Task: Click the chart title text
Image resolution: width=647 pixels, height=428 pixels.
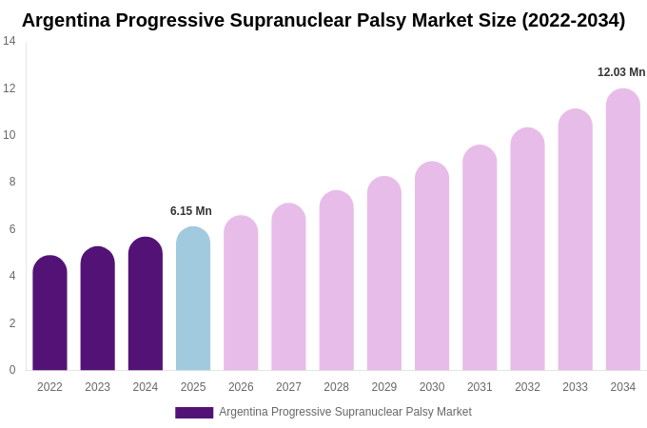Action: [323, 20]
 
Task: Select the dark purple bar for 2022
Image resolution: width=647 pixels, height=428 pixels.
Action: [49, 314]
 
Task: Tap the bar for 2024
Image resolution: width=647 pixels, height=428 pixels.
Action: [146, 304]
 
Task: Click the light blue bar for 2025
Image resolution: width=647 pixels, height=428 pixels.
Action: [193, 300]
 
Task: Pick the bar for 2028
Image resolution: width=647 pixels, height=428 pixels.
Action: [336, 281]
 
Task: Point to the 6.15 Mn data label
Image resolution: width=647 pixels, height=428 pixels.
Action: [191, 211]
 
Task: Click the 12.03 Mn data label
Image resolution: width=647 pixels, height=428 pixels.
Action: [621, 72]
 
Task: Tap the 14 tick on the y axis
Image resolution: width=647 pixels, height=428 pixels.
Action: [10, 41]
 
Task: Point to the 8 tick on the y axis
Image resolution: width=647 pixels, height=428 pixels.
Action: [12, 182]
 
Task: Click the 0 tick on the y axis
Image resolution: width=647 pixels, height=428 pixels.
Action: [12, 370]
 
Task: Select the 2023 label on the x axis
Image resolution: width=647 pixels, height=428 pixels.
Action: [97, 387]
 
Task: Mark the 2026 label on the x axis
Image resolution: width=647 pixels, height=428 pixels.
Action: [241, 387]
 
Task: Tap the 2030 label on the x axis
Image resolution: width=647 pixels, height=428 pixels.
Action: [432, 387]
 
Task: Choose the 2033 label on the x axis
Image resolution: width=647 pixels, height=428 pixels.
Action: [575, 387]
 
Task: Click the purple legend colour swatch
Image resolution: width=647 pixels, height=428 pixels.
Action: [194, 412]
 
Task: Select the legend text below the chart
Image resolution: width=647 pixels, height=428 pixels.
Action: [345, 412]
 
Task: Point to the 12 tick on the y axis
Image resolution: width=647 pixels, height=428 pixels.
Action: [10, 88]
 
